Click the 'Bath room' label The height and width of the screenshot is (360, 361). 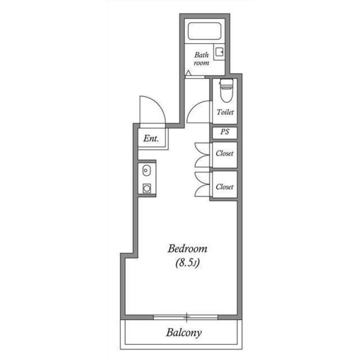201,59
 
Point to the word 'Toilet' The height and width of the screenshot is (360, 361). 225,112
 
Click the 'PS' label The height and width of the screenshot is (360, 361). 224,133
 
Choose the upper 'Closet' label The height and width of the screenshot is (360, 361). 224,153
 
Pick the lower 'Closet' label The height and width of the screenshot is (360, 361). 224,186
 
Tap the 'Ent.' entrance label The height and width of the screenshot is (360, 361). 151,138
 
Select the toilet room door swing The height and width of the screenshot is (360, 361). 199,113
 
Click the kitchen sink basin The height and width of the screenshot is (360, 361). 147,170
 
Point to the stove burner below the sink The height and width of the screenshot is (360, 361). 147,188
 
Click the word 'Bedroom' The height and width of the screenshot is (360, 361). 188,248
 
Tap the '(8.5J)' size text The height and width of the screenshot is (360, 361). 188,262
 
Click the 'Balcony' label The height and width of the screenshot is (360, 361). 184,332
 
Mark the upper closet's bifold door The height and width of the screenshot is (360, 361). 201,154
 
